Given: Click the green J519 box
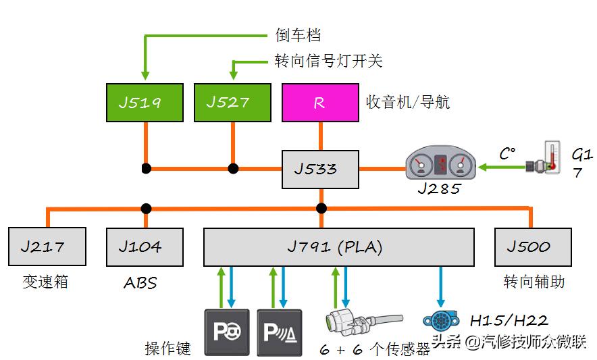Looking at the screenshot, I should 145,103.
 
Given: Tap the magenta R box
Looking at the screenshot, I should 320,103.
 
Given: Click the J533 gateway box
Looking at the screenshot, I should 320,168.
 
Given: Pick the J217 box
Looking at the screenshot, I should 47,247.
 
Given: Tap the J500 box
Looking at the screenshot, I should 533,247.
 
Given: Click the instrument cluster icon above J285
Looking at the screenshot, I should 440,166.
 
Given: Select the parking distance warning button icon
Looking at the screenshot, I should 280,332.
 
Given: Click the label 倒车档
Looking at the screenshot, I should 298,35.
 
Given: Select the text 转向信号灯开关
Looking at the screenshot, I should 328,61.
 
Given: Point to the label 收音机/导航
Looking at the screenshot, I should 408,103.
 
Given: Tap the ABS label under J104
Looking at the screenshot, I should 140,282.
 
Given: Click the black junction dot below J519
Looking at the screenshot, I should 145,168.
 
